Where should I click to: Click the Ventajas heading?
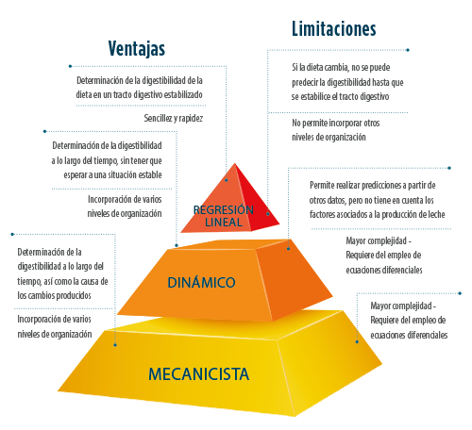click(x=137, y=49)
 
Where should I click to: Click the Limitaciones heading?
click(x=334, y=28)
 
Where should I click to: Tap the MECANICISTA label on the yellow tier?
click(x=198, y=374)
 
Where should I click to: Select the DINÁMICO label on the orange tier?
click(x=201, y=282)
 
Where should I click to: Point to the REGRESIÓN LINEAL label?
click(x=224, y=216)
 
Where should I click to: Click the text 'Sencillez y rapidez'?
click(x=174, y=118)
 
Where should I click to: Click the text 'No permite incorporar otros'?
click(x=336, y=123)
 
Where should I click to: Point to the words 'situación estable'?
click(x=135, y=174)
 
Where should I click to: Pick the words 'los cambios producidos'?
click(x=54, y=295)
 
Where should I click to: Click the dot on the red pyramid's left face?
click(x=227, y=180)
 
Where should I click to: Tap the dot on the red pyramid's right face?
click(x=268, y=214)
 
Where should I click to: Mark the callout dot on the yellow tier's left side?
click(x=115, y=345)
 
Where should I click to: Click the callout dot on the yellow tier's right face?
click(x=357, y=341)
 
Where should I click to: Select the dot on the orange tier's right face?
click(x=288, y=249)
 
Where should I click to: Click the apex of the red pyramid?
click(x=235, y=163)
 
